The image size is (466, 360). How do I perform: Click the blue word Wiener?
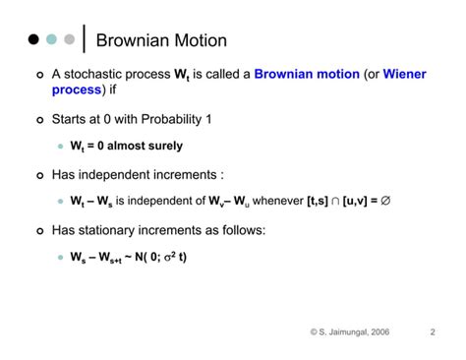point(405,74)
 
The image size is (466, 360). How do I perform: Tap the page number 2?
point(433,331)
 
